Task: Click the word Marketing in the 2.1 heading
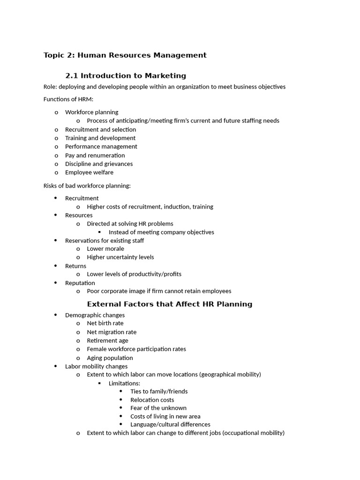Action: click(x=165, y=75)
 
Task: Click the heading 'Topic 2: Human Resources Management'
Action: click(x=125, y=55)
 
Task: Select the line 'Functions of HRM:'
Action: click(x=68, y=99)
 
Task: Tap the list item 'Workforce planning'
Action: click(x=91, y=112)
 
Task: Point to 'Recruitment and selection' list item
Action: click(x=100, y=129)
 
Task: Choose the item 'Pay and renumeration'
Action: click(x=95, y=155)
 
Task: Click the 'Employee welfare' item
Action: click(x=89, y=172)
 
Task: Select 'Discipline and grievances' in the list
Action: click(x=98, y=164)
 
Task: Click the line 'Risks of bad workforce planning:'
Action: click(x=87, y=186)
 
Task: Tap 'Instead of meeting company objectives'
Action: click(x=161, y=232)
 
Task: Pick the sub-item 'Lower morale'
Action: click(x=105, y=248)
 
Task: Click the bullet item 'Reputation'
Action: click(x=80, y=283)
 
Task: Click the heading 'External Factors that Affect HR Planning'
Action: click(x=170, y=304)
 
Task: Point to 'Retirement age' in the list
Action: click(x=107, y=340)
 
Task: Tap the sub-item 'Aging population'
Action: click(x=110, y=358)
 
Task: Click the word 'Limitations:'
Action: click(x=124, y=383)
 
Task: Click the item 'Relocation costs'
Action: click(x=152, y=400)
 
